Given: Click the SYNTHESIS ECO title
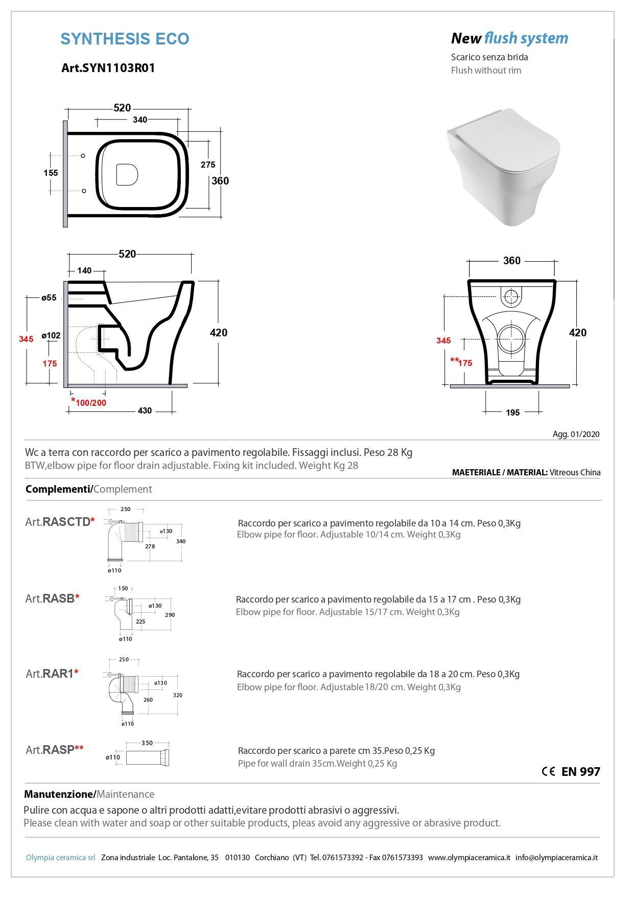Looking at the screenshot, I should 125,39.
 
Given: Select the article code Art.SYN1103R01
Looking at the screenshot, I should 108,68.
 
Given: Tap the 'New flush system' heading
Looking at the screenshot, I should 509,38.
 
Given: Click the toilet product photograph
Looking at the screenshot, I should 503,167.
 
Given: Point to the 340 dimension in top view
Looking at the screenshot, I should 139,120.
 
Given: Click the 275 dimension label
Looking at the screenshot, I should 208,165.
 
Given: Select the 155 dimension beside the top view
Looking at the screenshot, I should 51,173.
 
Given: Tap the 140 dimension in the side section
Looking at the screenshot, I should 84,270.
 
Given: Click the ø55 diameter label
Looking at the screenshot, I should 49,297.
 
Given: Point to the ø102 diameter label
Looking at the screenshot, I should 51,335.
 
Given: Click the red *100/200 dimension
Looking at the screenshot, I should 89,402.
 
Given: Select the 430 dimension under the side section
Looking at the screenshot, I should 145,410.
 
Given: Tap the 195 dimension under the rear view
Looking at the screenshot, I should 512,412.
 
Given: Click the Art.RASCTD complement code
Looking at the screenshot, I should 60,522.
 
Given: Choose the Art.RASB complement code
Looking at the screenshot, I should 52,599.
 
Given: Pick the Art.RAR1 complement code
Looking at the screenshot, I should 52,674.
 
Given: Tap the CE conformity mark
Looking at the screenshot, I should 548,772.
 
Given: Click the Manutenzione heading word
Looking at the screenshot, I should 58,794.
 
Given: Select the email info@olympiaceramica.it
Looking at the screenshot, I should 556,858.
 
